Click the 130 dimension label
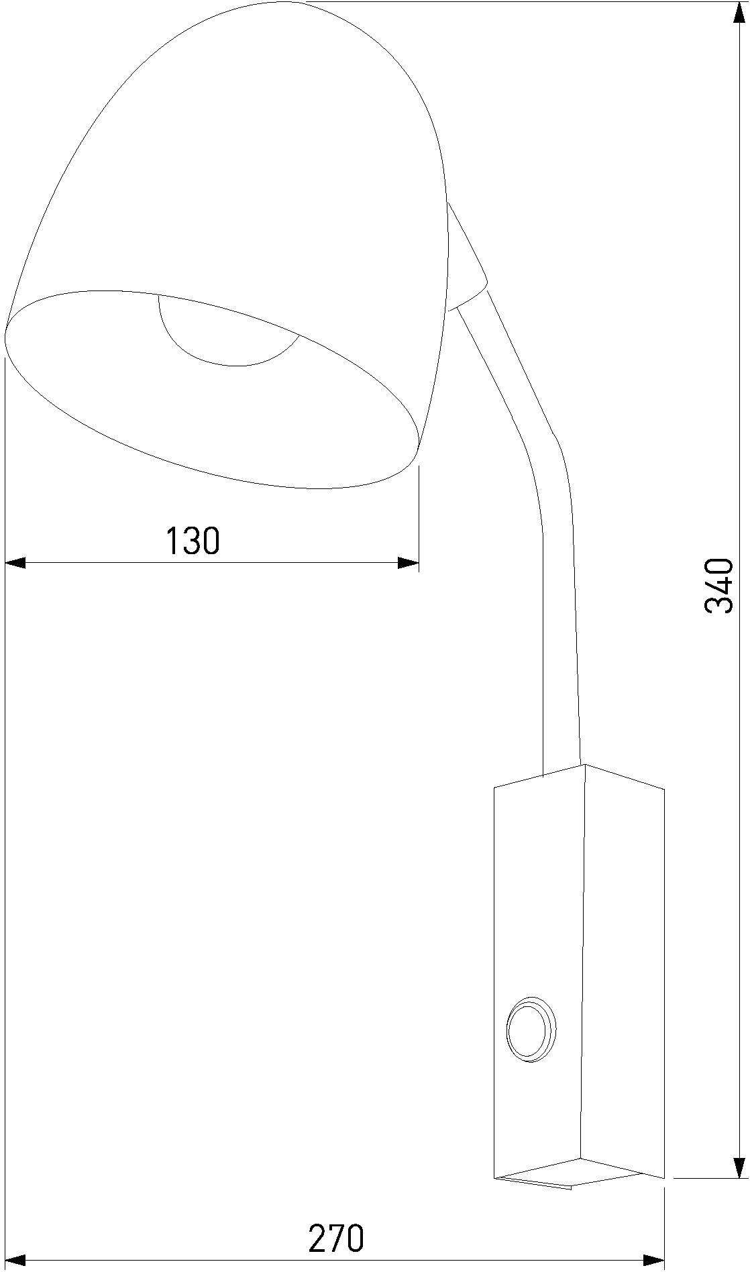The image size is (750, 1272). click(193, 541)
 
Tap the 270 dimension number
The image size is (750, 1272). click(336, 1220)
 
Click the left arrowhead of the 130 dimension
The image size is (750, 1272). click(15, 562)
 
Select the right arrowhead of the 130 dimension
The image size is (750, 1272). click(408, 562)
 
